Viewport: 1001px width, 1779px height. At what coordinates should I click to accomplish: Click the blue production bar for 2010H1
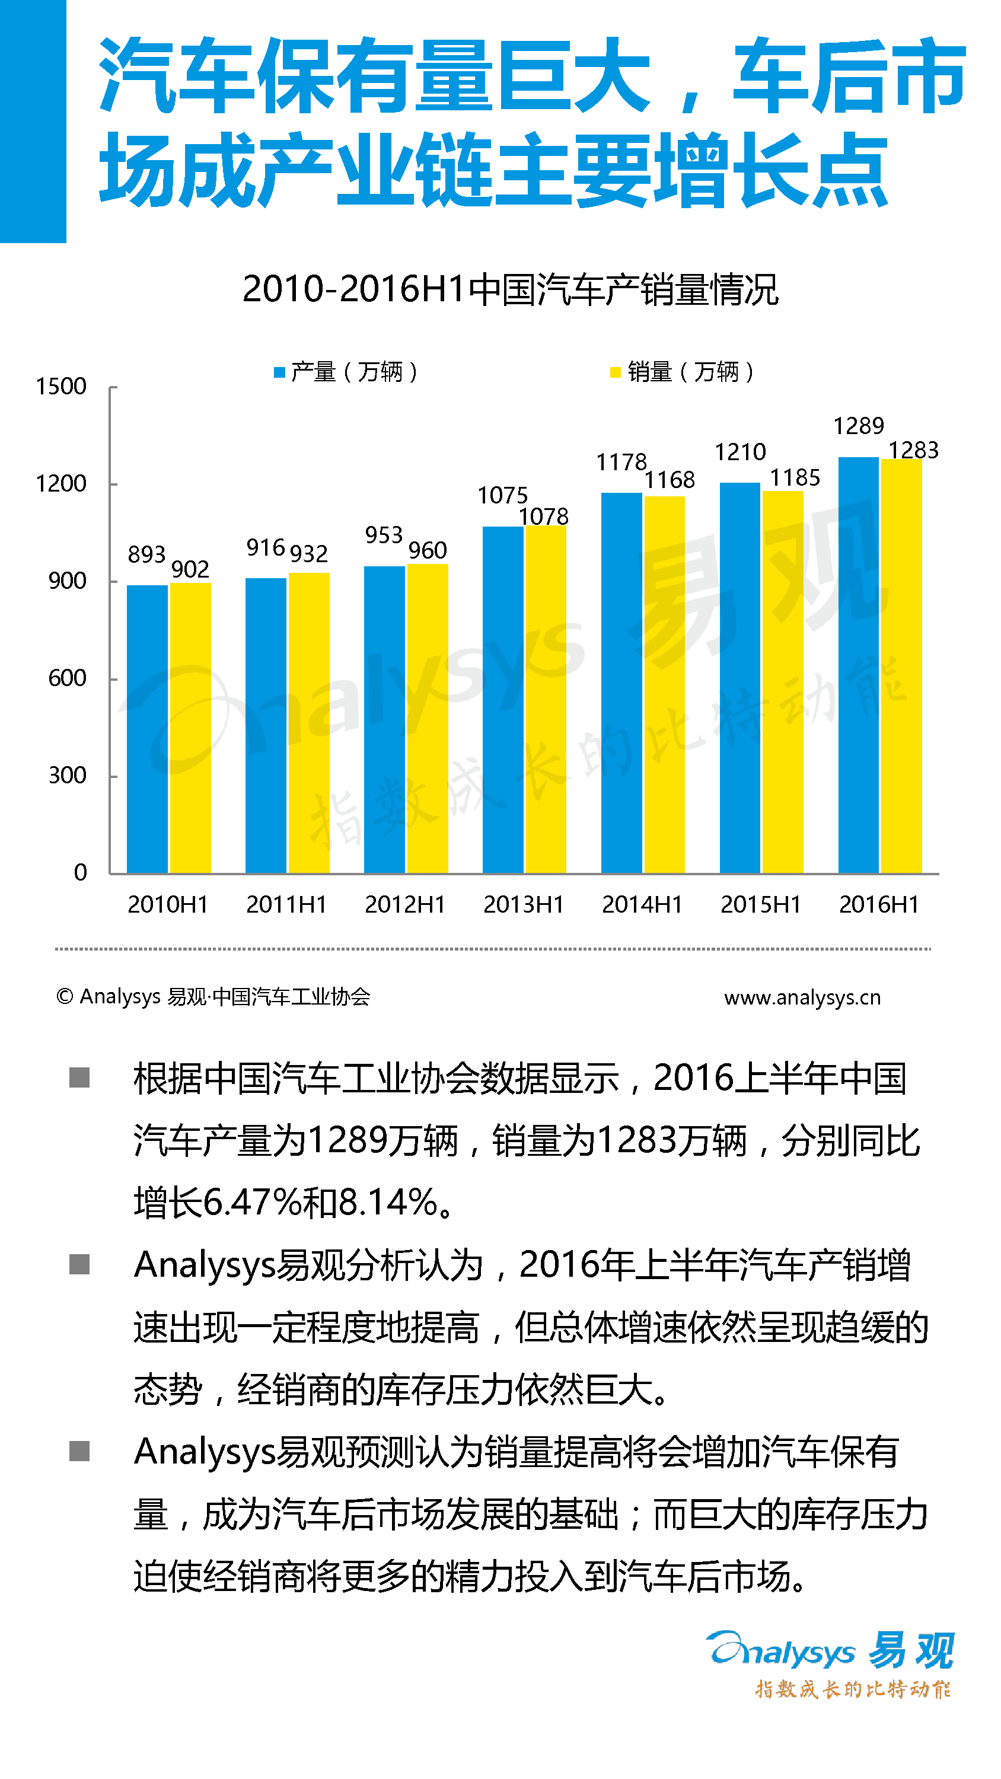(147, 729)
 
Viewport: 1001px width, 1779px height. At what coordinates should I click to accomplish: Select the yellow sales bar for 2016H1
(901, 666)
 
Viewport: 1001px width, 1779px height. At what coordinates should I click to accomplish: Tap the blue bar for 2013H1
(503, 699)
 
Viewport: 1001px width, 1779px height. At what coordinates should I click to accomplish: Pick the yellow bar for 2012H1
(427, 718)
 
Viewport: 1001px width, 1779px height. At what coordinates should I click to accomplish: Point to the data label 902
(190, 569)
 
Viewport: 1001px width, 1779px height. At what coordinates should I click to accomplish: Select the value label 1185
(795, 477)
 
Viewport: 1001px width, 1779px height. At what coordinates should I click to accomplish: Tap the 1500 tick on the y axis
(61, 386)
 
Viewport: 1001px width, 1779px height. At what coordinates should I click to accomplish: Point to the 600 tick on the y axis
(67, 678)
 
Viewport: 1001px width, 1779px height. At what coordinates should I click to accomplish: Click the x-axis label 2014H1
(642, 904)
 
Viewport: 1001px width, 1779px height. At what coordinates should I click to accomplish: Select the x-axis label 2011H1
(286, 904)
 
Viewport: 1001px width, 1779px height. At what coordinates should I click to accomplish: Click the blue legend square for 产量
(280, 373)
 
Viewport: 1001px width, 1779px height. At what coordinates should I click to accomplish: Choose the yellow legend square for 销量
(615, 373)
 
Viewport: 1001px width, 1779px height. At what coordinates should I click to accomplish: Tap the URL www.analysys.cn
(802, 997)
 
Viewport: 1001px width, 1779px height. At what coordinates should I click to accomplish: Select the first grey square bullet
(79, 1077)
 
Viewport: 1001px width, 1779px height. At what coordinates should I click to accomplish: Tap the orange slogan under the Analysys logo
(853, 1689)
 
